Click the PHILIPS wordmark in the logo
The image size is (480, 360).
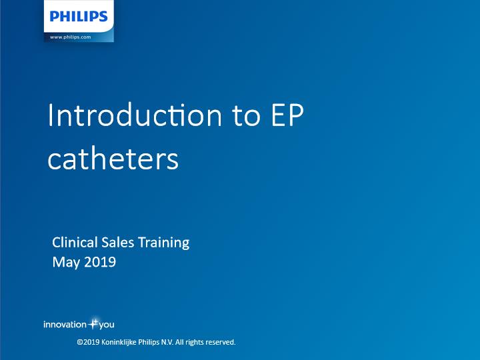coord(79,16)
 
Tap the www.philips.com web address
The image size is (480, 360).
coord(71,37)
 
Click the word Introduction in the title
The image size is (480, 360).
coord(135,115)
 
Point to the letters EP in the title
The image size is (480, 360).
coord(287,115)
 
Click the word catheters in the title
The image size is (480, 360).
coord(113,159)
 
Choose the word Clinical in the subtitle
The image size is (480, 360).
coord(75,243)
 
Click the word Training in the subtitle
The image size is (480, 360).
coord(164,243)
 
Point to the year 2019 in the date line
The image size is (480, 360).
coord(100,262)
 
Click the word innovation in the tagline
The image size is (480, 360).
coord(65,325)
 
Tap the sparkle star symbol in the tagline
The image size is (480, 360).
coord(93,323)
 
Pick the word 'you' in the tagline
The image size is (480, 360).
coord(107,325)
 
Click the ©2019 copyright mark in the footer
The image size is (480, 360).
coord(88,342)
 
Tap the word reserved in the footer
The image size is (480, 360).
coord(221,342)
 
